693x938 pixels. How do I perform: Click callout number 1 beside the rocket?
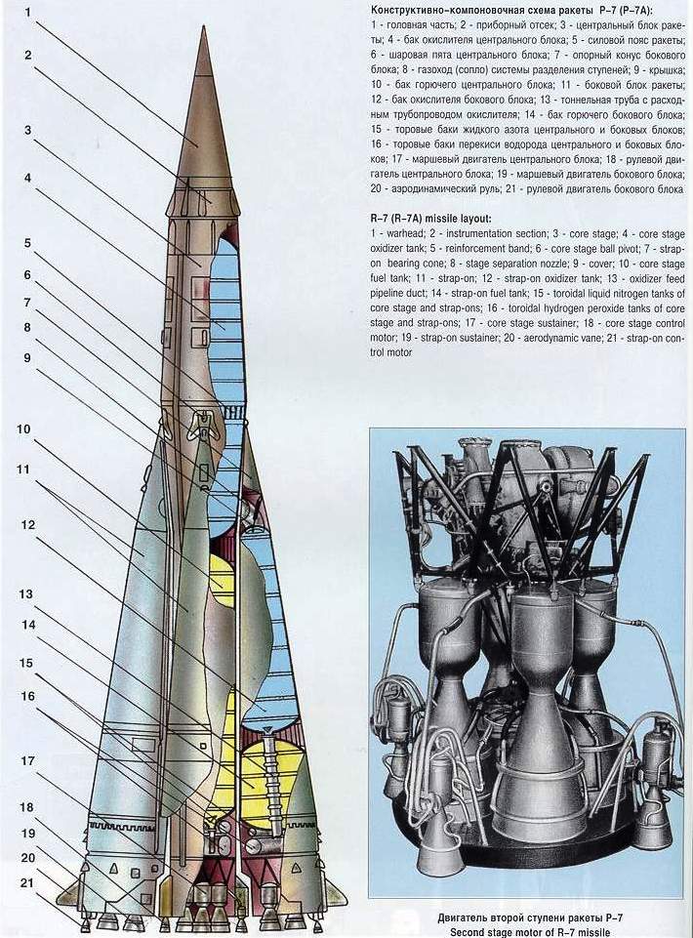tap(28, 10)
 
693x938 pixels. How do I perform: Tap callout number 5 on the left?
tap(27, 243)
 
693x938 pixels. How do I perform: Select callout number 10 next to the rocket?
tap(23, 429)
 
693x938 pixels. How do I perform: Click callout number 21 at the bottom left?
tap(27, 883)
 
